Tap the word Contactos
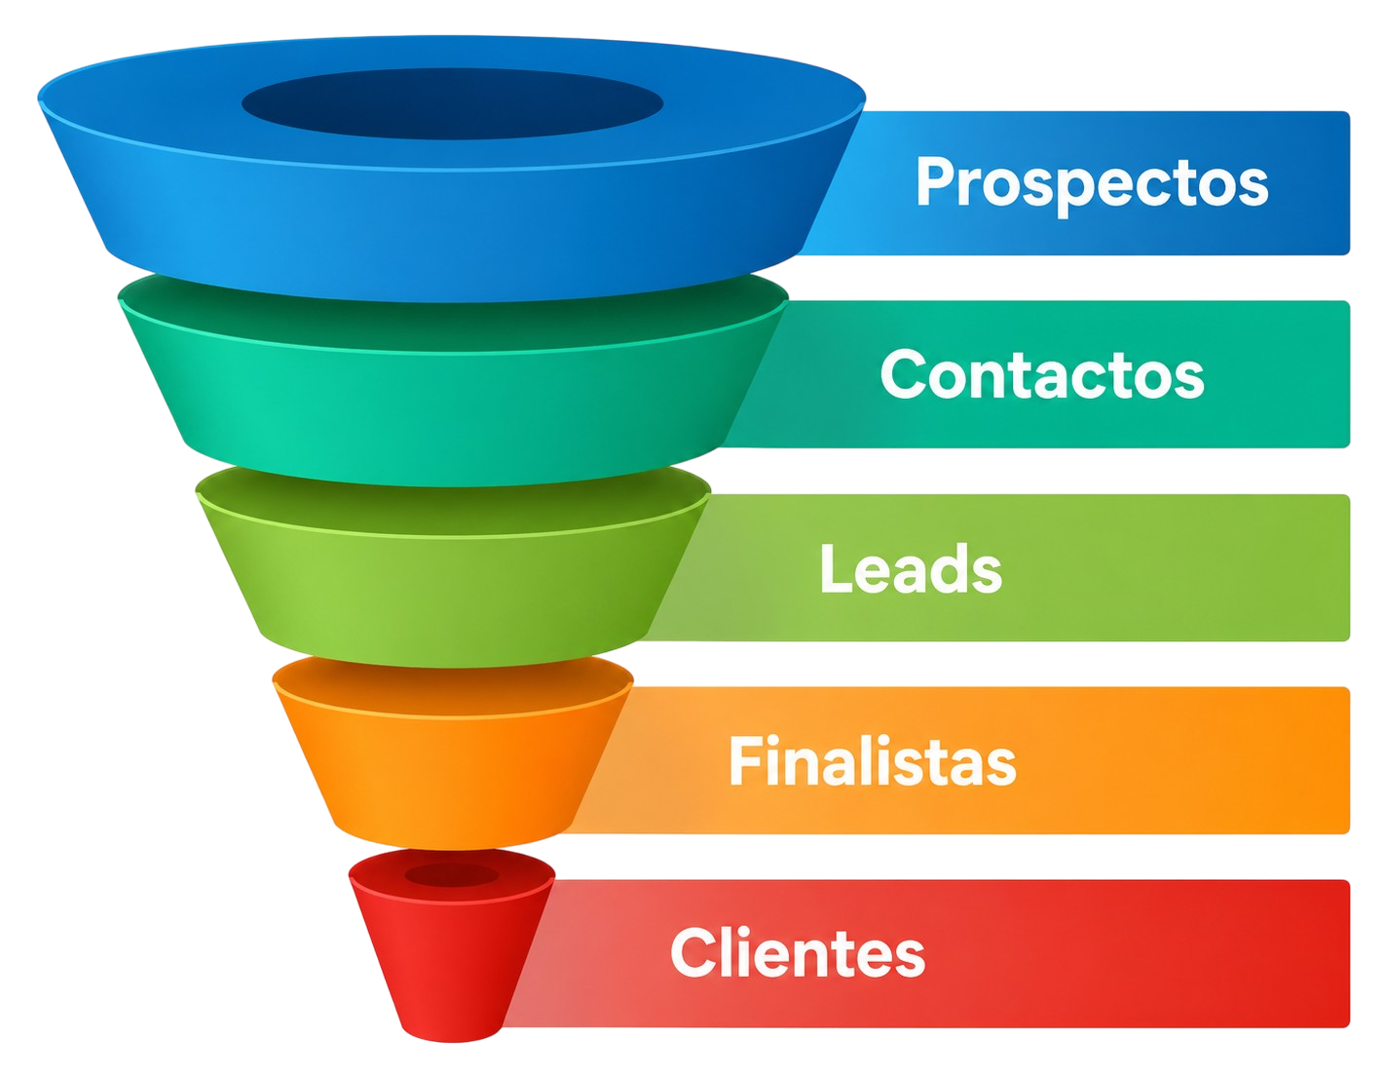point(1042,374)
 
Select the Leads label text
point(911,568)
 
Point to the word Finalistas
point(873,759)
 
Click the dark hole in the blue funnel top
point(452,104)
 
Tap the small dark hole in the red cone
point(451,875)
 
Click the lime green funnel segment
point(453,567)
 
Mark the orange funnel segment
point(453,752)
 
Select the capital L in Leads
point(837,569)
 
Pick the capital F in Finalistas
point(746,759)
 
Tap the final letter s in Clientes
point(909,959)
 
